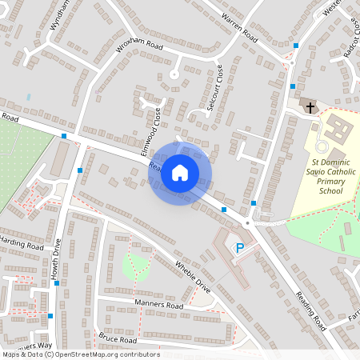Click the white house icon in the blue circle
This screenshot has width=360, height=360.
click(180, 172)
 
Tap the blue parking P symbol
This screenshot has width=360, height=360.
click(238, 249)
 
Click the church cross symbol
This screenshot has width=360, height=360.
click(309, 106)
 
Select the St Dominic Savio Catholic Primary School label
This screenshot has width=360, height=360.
click(330, 177)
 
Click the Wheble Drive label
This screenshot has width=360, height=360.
click(192, 277)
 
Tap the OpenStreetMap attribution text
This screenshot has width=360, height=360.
click(80, 354)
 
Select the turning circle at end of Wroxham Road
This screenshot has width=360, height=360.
click(174, 74)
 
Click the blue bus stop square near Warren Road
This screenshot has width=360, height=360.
click(296, 46)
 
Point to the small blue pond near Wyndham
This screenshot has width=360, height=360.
click(28, 97)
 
